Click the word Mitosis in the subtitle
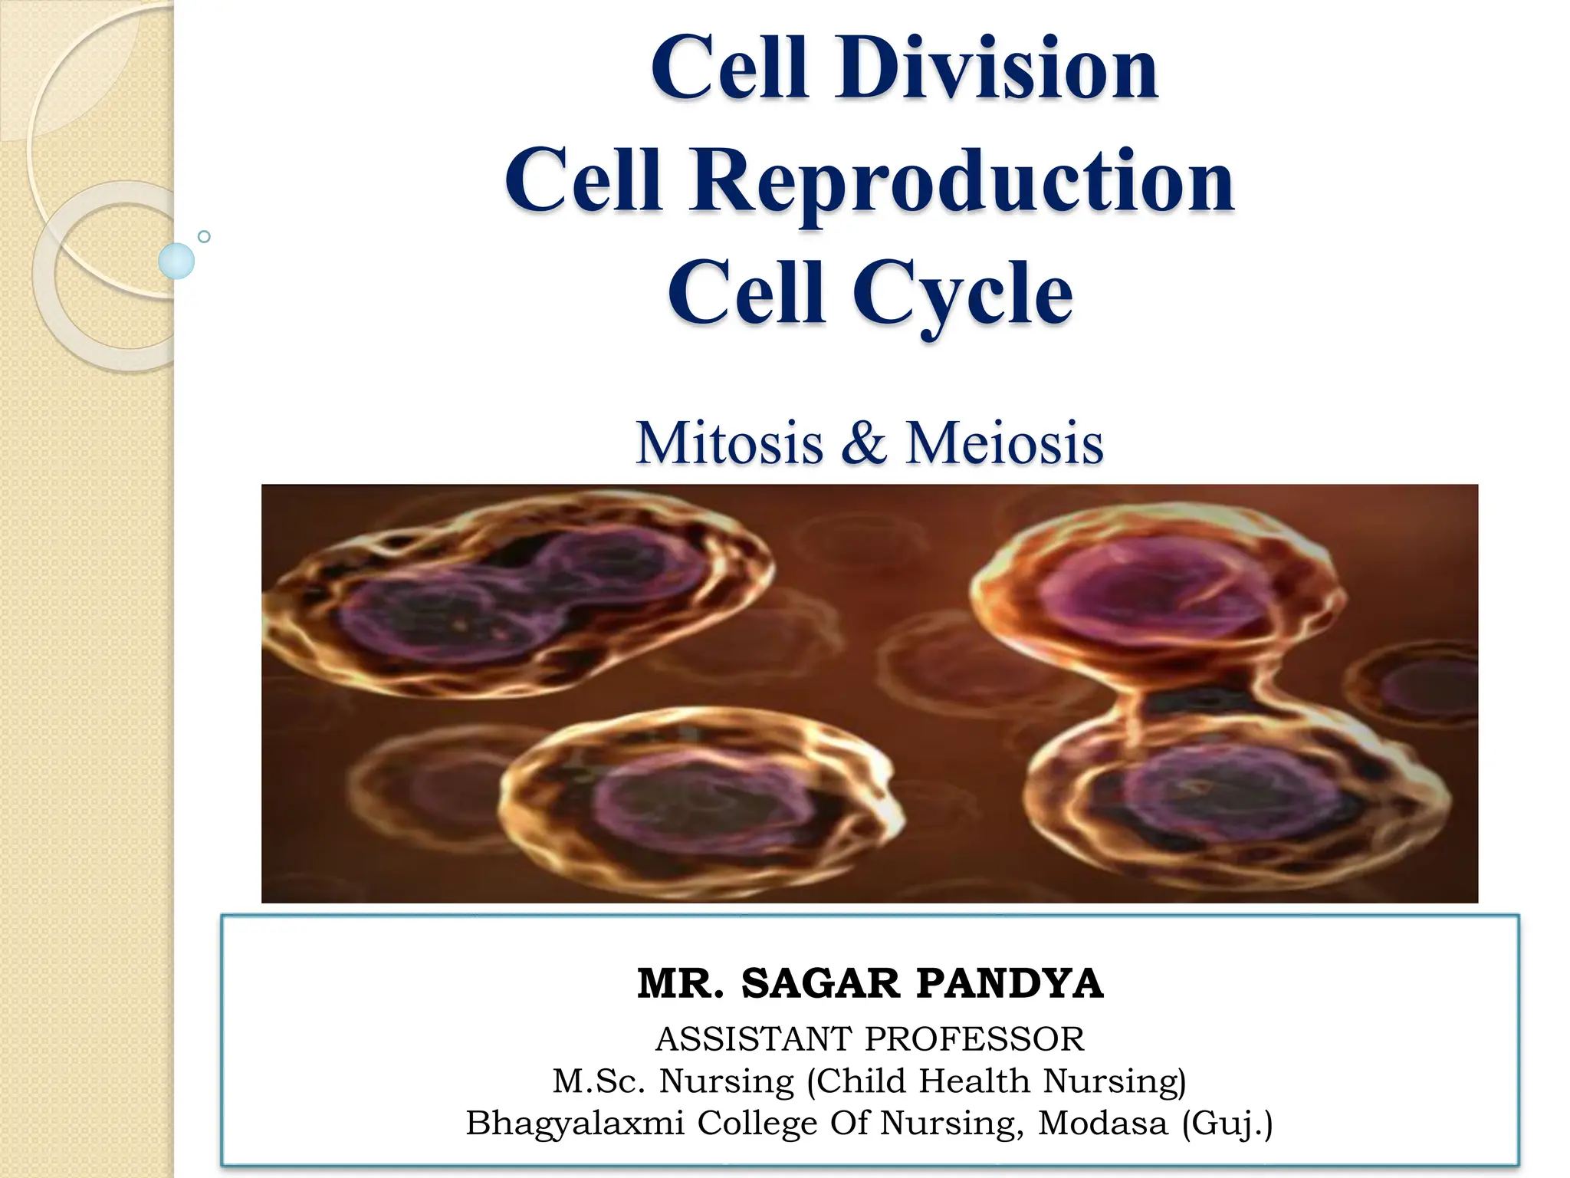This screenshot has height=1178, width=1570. (x=729, y=443)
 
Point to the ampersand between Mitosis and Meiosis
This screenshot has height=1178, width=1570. (x=864, y=443)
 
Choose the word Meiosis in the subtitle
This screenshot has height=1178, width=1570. (x=1004, y=443)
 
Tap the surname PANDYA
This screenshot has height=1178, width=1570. (x=1010, y=983)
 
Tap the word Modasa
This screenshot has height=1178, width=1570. (x=1102, y=1123)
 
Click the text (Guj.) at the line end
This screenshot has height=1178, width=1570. (x=1227, y=1123)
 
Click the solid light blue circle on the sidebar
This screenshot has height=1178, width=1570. (x=176, y=261)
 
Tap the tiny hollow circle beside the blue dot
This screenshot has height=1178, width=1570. (x=204, y=236)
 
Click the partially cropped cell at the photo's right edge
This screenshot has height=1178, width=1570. (x=1426, y=683)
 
